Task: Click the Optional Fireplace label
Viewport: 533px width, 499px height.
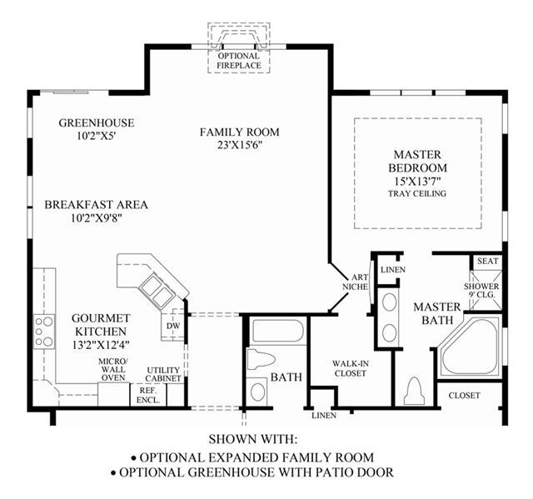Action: [x=239, y=61]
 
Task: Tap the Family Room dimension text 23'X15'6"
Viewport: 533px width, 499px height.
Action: [x=240, y=145]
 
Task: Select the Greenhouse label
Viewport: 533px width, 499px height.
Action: [x=97, y=122]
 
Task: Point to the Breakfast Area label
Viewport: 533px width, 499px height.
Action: [x=97, y=205]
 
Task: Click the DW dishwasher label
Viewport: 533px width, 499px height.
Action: [x=173, y=326]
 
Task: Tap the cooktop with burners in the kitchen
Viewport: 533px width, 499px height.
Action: [x=44, y=331]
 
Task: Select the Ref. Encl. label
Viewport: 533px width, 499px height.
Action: [x=148, y=395]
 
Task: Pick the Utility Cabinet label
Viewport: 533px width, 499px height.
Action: [x=163, y=374]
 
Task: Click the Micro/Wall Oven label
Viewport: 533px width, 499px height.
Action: [x=113, y=369]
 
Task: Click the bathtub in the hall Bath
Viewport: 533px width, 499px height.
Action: [x=278, y=332]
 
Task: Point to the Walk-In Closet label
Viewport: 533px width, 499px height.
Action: [x=351, y=368]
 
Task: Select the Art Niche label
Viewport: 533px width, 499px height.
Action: [x=356, y=282]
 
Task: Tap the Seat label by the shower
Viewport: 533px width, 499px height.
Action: [x=488, y=261]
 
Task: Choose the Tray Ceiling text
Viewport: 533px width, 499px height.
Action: [x=417, y=194]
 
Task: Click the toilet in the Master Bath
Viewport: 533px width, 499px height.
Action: [x=415, y=391]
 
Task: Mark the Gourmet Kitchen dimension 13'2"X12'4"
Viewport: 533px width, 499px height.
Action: [x=101, y=345]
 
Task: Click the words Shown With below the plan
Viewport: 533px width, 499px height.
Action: [x=253, y=439]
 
